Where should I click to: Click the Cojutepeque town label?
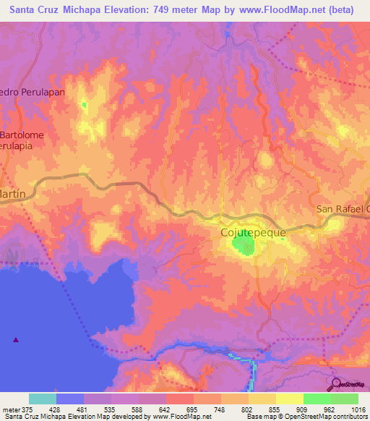pos(252,233)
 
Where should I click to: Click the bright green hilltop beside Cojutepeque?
pos(244,247)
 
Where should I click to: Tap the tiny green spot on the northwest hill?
pos(85,105)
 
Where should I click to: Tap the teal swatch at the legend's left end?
pos(43,398)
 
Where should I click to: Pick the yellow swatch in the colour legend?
pos(289,398)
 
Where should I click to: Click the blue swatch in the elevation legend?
pos(70,398)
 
